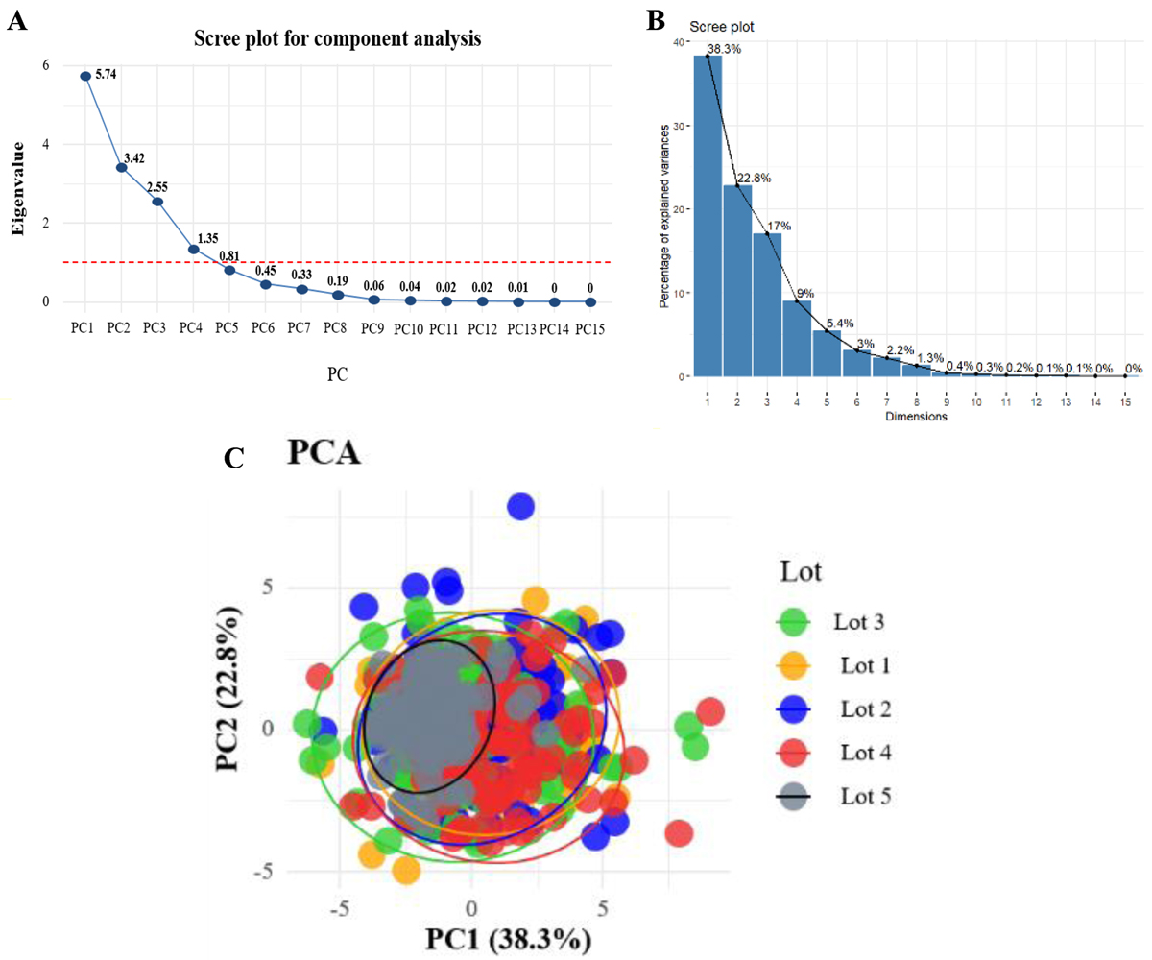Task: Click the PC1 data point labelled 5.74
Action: coord(85,76)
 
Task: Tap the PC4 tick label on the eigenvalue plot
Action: coord(192,328)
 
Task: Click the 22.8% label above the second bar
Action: coord(752,178)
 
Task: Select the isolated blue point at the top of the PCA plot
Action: coord(520,506)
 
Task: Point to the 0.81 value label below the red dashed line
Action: coord(228,256)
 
